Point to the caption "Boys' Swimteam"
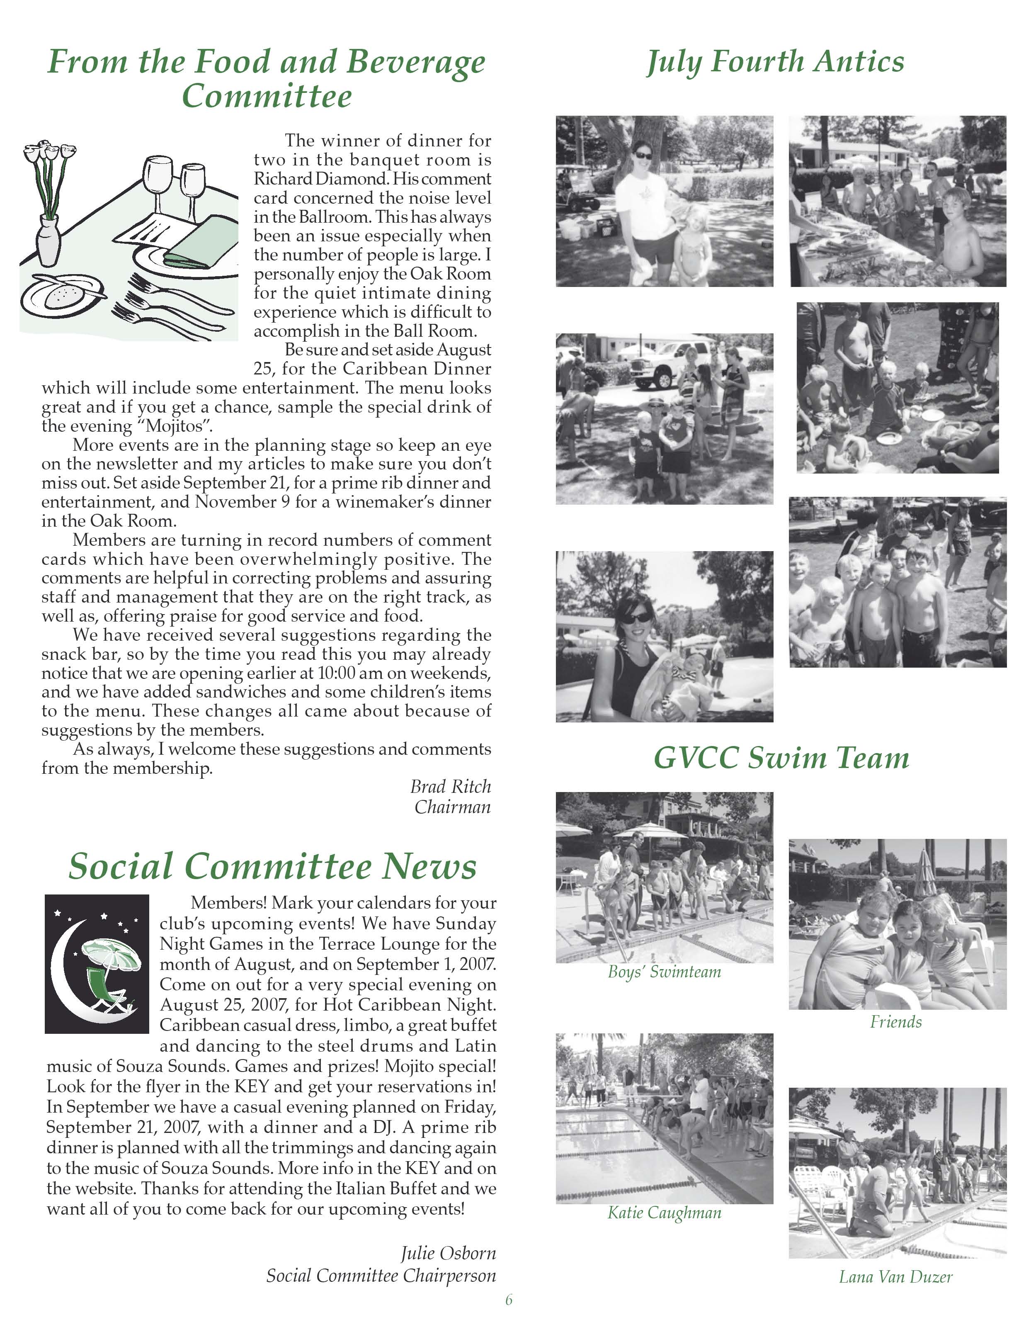tap(664, 972)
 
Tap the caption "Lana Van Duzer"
tap(896, 1277)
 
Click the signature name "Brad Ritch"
tap(450, 787)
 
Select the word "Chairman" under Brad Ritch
tap(452, 807)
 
